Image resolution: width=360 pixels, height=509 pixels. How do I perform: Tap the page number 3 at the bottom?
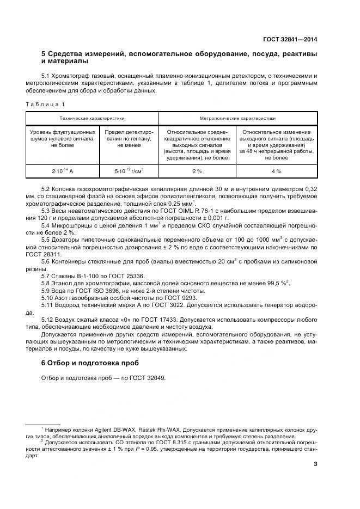315,464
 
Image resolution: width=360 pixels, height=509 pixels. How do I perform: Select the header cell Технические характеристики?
92,118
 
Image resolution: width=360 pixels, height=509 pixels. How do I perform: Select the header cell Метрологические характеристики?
237,118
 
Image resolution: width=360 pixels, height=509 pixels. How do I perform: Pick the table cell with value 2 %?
197,171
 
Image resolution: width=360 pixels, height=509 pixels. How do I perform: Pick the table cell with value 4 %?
276,171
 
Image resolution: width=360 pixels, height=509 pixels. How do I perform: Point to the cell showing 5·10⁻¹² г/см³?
129,171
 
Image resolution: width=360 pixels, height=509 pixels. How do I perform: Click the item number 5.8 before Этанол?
46,284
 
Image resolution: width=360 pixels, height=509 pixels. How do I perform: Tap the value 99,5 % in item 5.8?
276,284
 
